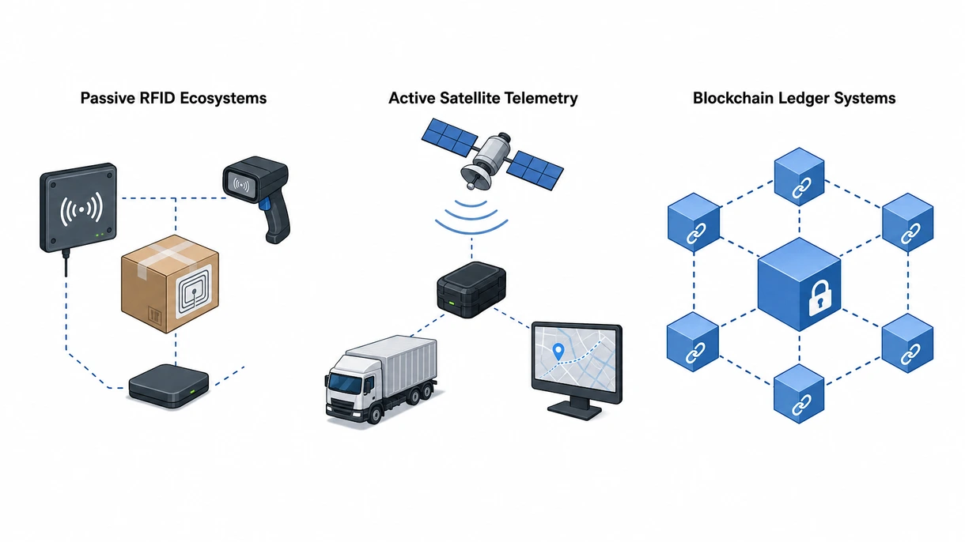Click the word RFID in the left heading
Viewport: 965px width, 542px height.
click(x=157, y=98)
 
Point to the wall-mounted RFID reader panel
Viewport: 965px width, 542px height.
click(x=78, y=208)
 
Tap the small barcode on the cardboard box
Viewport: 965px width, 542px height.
click(x=154, y=316)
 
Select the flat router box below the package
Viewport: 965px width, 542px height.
click(x=169, y=386)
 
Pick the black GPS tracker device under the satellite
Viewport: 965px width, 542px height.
click(x=471, y=289)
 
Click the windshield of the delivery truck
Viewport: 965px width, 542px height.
click(x=345, y=382)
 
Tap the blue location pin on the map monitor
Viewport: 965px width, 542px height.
click(x=558, y=352)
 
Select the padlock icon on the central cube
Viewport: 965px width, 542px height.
click(x=819, y=298)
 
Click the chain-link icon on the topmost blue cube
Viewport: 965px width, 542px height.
click(x=801, y=187)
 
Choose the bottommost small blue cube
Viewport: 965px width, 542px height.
click(x=799, y=393)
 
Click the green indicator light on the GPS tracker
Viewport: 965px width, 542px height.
click(x=452, y=303)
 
